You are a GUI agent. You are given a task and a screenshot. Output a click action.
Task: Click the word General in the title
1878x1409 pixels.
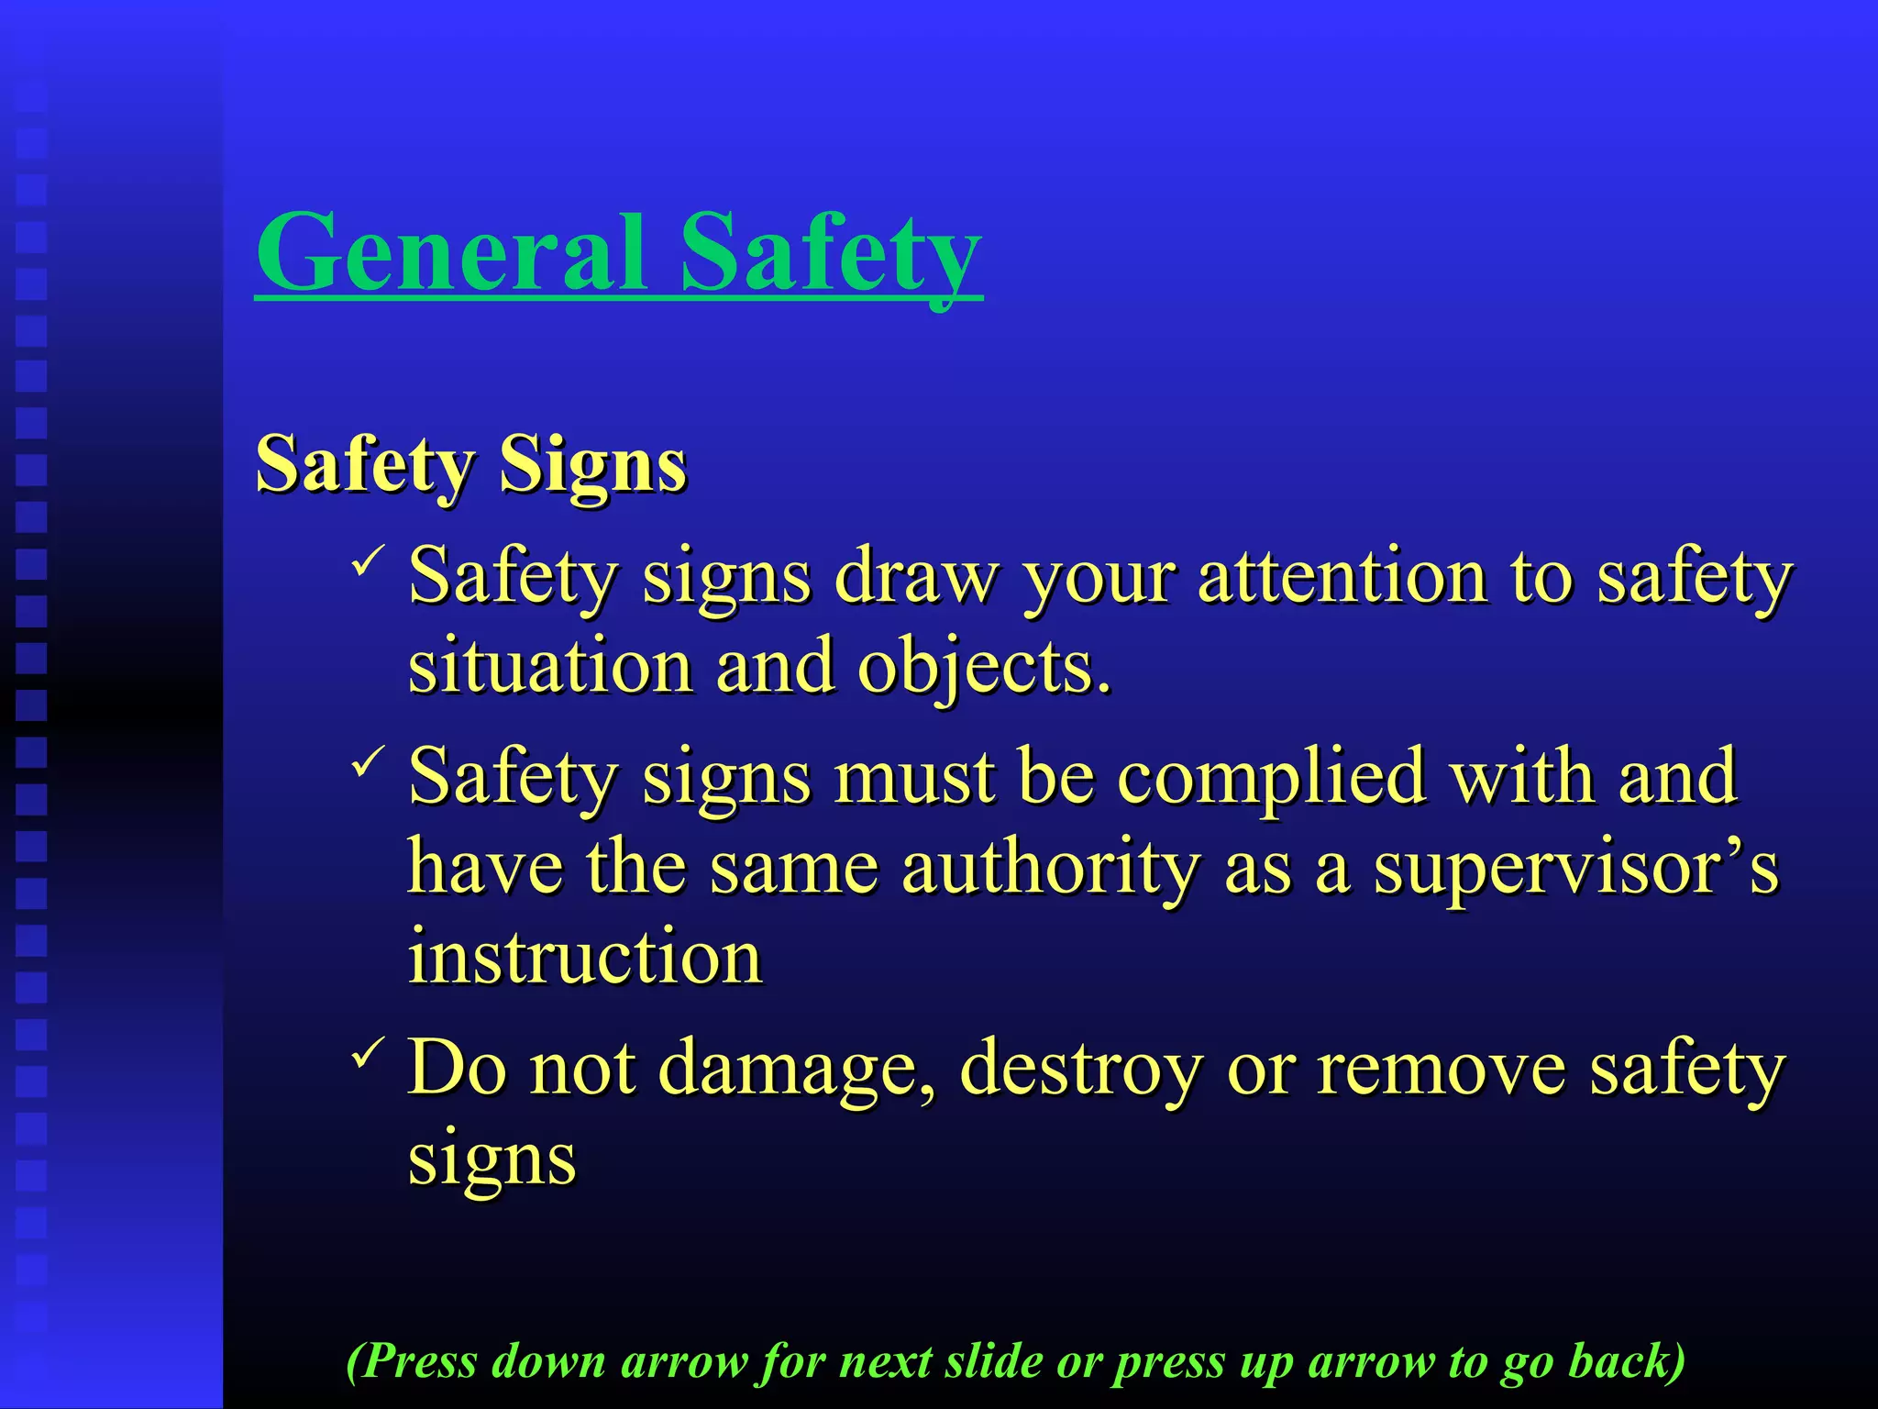point(449,251)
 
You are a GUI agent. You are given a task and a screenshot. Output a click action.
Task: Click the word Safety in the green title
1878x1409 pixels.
point(831,253)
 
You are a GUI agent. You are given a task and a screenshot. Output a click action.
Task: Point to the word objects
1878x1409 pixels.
point(983,666)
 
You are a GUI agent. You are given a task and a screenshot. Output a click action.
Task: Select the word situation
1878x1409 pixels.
point(550,666)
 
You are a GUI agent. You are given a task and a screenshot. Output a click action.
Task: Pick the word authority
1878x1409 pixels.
point(1050,867)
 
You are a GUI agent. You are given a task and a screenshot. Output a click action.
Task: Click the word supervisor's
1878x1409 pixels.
point(1574,867)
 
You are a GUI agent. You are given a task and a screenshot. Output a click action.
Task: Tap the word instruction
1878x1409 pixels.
point(585,957)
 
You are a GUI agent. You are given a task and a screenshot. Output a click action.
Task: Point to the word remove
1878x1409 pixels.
point(1441,1068)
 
